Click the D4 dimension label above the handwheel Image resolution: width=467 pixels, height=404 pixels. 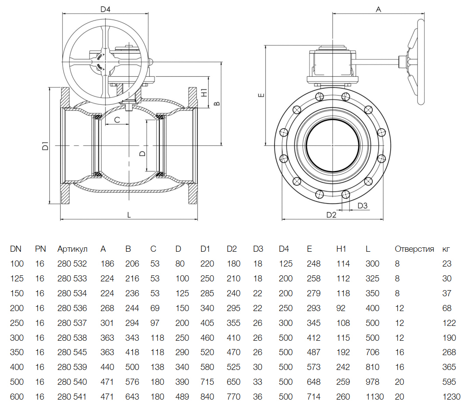click(105, 9)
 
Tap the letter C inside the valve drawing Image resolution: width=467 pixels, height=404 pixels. click(117, 120)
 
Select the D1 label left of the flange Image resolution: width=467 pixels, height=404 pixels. click(45, 147)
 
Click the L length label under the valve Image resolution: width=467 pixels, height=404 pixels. click(129, 214)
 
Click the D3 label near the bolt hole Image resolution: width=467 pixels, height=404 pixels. click(362, 205)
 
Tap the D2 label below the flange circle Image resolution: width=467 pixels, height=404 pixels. click(332, 215)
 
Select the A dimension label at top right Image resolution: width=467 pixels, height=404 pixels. click(378, 9)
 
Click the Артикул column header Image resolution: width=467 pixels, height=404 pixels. click(72, 249)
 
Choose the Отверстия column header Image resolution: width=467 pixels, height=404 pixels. click(414, 249)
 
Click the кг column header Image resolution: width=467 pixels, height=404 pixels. click(446, 249)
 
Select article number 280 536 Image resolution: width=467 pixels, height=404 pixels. click(72, 308)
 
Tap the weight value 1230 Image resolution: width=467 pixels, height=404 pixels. click(451, 397)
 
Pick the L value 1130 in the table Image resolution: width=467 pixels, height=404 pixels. click(375, 397)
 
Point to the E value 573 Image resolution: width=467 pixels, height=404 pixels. click(313, 367)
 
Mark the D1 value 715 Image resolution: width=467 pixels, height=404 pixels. click(207, 382)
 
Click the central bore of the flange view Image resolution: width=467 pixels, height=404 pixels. click(333, 145)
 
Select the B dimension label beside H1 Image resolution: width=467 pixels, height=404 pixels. click(216, 103)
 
